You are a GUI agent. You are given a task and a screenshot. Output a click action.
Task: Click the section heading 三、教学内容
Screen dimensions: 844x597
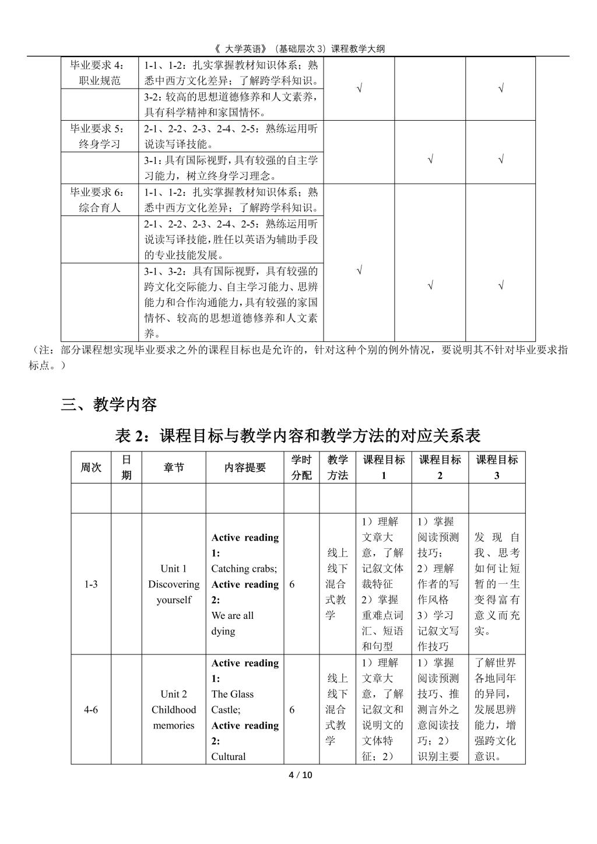(109, 404)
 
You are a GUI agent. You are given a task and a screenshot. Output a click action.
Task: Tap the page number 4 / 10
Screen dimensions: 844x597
(301, 775)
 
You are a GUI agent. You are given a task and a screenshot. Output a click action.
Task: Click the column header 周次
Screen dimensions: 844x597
(91, 467)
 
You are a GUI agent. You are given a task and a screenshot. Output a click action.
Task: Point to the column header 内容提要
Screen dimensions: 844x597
(245, 467)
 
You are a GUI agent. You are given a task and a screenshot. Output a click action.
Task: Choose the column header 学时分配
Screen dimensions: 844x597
(301, 467)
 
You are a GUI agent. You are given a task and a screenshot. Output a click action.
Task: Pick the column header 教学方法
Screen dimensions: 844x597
(338, 467)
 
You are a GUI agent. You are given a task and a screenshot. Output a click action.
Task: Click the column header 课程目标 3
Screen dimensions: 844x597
(497, 467)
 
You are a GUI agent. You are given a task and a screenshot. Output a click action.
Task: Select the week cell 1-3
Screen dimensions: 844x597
(91, 584)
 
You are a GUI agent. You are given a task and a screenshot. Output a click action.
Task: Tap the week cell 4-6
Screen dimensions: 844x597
(91, 709)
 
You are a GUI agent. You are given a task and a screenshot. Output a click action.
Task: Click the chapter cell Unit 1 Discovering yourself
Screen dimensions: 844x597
(174, 584)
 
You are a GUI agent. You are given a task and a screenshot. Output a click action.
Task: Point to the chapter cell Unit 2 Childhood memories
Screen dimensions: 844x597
(174, 709)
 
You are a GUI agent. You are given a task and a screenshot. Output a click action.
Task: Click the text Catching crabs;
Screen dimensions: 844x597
(244, 569)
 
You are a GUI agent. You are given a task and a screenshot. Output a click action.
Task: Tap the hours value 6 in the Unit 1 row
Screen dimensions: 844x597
(292, 584)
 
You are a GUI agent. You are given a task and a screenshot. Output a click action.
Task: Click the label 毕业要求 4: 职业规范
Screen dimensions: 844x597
(100, 73)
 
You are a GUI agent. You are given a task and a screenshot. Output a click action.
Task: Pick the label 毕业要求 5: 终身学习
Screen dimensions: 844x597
(100, 136)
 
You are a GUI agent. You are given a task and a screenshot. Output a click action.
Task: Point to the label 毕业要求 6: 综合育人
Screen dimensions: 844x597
(100, 200)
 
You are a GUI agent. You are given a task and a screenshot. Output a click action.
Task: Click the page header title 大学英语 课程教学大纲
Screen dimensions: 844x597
(298, 49)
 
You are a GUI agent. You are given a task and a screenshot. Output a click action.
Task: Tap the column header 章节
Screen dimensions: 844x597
(174, 467)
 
